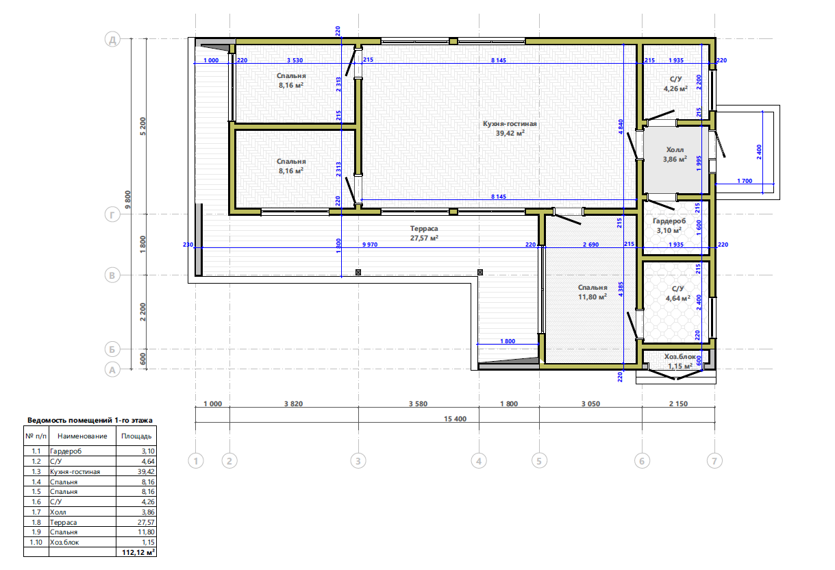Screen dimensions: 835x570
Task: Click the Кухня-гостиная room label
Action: [x=510, y=124]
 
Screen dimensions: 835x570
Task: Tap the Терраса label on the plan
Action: [x=424, y=229]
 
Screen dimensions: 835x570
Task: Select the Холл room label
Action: [x=675, y=150]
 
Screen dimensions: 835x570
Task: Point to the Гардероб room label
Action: [x=669, y=221]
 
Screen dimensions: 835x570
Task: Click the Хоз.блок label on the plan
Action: [x=680, y=357]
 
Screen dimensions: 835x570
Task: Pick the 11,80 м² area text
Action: [x=593, y=297]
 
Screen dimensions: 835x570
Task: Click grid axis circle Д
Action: [x=112, y=39]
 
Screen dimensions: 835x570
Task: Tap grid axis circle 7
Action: [x=714, y=461]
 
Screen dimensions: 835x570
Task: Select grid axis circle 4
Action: [x=479, y=461]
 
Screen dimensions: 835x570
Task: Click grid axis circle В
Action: [x=112, y=275]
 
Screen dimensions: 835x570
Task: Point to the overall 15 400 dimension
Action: [x=455, y=419]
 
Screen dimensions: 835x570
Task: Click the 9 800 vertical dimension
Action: [x=128, y=200]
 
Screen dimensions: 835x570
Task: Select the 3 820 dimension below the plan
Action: [x=293, y=404]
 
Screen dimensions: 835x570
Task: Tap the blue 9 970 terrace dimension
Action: [x=370, y=245]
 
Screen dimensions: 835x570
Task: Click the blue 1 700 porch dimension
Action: [x=745, y=181]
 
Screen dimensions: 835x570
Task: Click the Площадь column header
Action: [x=136, y=436]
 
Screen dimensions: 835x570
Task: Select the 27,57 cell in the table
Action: [x=146, y=522]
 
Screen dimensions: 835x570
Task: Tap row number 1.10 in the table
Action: [x=36, y=542]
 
